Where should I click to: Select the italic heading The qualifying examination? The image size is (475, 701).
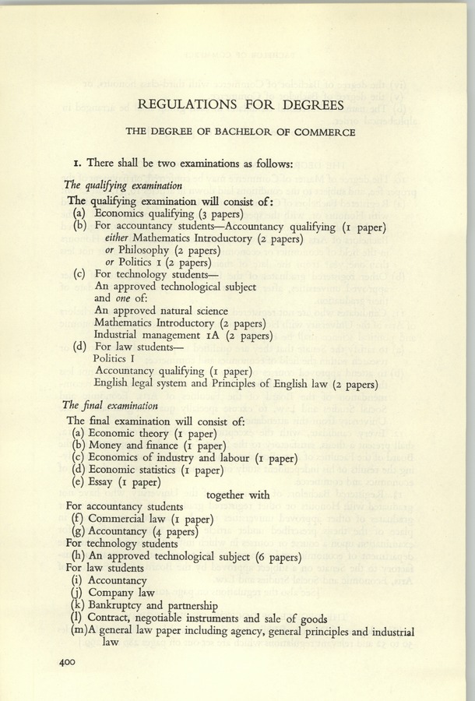pyautogui.click(x=123, y=185)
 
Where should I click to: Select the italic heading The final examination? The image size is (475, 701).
pyautogui.click(x=112, y=405)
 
